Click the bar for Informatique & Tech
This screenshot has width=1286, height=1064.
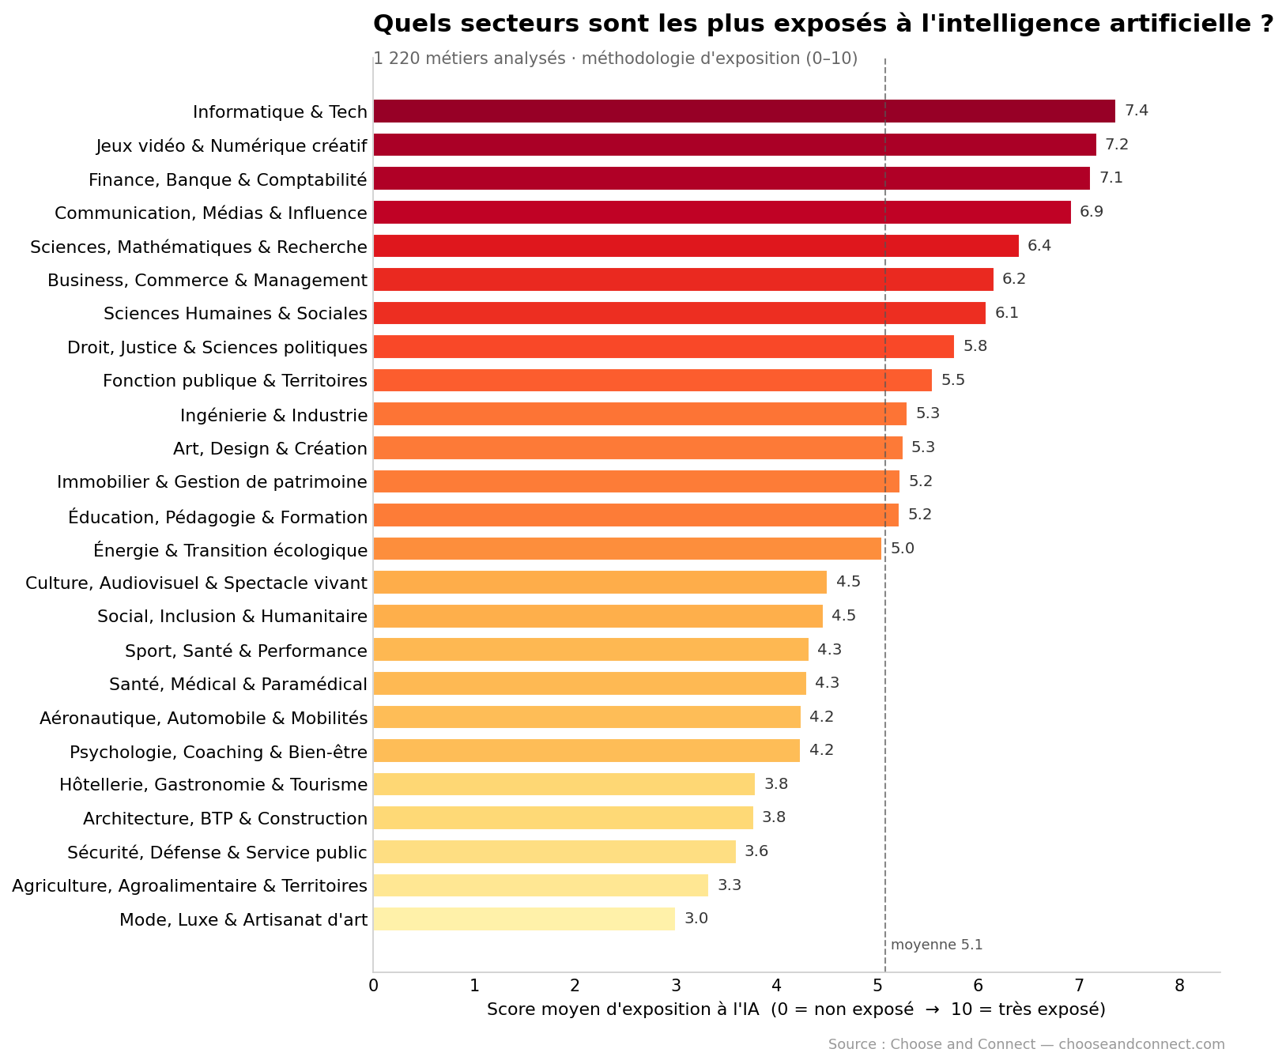point(744,111)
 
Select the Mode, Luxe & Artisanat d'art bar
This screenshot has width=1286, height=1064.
point(524,919)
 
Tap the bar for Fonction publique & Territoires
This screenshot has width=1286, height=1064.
point(653,380)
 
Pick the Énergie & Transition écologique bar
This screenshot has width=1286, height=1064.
point(628,549)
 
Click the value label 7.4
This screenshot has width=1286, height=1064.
point(1137,111)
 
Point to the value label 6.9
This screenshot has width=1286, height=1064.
point(1092,212)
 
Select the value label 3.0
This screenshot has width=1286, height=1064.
point(696,919)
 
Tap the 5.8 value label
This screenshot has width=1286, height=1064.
point(975,346)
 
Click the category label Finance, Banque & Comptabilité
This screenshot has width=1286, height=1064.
point(228,180)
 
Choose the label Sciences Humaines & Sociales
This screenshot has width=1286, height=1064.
point(236,314)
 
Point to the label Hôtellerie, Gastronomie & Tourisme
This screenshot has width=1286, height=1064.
point(213,785)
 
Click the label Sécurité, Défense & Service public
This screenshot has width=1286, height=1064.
point(217,852)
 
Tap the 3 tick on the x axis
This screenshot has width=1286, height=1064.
point(676,986)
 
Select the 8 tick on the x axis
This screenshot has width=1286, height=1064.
point(1180,986)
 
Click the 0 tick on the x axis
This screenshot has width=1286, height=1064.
point(374,986)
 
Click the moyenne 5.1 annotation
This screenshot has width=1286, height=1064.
point(937,945)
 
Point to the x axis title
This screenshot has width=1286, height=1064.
point(796,1009)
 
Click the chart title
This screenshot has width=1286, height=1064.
point(823,24)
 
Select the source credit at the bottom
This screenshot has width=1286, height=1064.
point(1027,1044)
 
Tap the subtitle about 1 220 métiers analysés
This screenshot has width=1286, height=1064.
point(616,58)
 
